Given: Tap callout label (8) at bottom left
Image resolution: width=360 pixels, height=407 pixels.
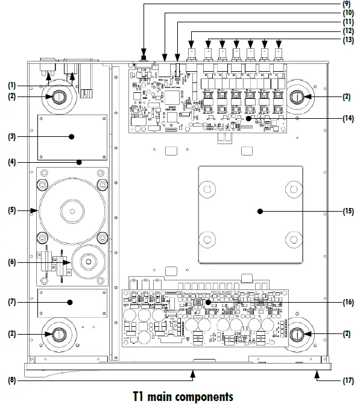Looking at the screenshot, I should point(11,380).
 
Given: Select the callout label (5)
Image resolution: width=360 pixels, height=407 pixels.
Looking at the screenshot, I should point(11,210).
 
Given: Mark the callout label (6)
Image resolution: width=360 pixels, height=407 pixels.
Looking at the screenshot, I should point(11,262).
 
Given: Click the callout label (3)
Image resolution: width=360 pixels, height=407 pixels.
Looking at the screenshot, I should point(11,136).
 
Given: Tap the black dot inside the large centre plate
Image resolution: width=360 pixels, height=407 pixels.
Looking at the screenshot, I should point(259,211).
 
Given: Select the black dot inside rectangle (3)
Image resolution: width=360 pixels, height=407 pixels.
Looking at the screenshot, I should point(72,136).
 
